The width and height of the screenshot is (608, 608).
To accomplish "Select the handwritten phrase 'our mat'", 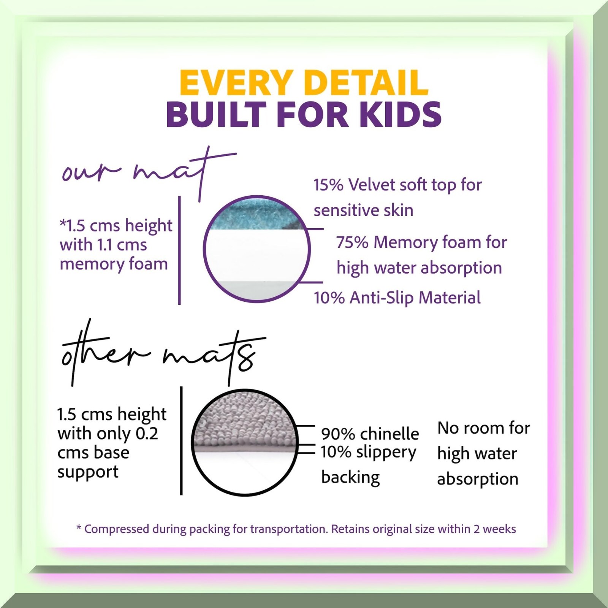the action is pyautogui.click(x=149, y=173).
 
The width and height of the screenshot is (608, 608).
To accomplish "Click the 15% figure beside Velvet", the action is pyautogui.click(x=328, y=185).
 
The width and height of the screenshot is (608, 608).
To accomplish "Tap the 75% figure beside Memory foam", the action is pyautogui.click(x=352, y=242).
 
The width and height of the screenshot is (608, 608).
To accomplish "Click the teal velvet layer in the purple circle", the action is pyautogui.click(x=256, y=215).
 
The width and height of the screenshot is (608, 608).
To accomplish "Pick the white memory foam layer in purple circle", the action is pyautogui.click(x=256, y=255).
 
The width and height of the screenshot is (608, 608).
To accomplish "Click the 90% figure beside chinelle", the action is pyautogui.click(x=338, y=434).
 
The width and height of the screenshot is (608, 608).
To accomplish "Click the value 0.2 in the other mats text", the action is pyautogui.click(x=147, y=434).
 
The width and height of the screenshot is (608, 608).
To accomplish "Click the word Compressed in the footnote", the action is pyautogui.click(x=117, y=529).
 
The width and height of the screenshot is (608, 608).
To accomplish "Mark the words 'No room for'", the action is pyautogui.click(x=484, y=428).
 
